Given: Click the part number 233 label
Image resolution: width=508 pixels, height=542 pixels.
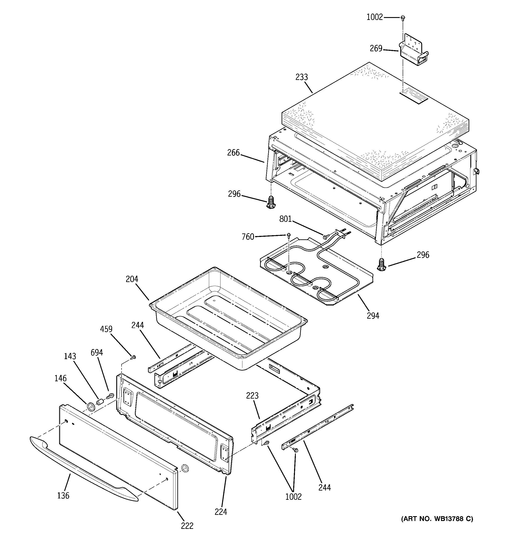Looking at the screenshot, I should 302,77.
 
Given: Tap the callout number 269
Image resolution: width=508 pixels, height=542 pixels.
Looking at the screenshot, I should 376,49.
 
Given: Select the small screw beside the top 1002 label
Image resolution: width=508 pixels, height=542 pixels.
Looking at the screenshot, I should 402,18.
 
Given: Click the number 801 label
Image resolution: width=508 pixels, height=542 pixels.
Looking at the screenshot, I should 286,219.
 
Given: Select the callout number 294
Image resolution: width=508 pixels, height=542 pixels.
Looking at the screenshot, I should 373,316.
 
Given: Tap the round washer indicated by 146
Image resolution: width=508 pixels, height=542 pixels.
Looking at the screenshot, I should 90,407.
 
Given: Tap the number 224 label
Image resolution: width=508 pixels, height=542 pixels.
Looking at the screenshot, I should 220,512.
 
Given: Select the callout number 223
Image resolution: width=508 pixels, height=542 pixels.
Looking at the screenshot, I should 252,395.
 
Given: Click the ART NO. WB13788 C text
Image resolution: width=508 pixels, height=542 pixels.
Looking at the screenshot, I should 437,519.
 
